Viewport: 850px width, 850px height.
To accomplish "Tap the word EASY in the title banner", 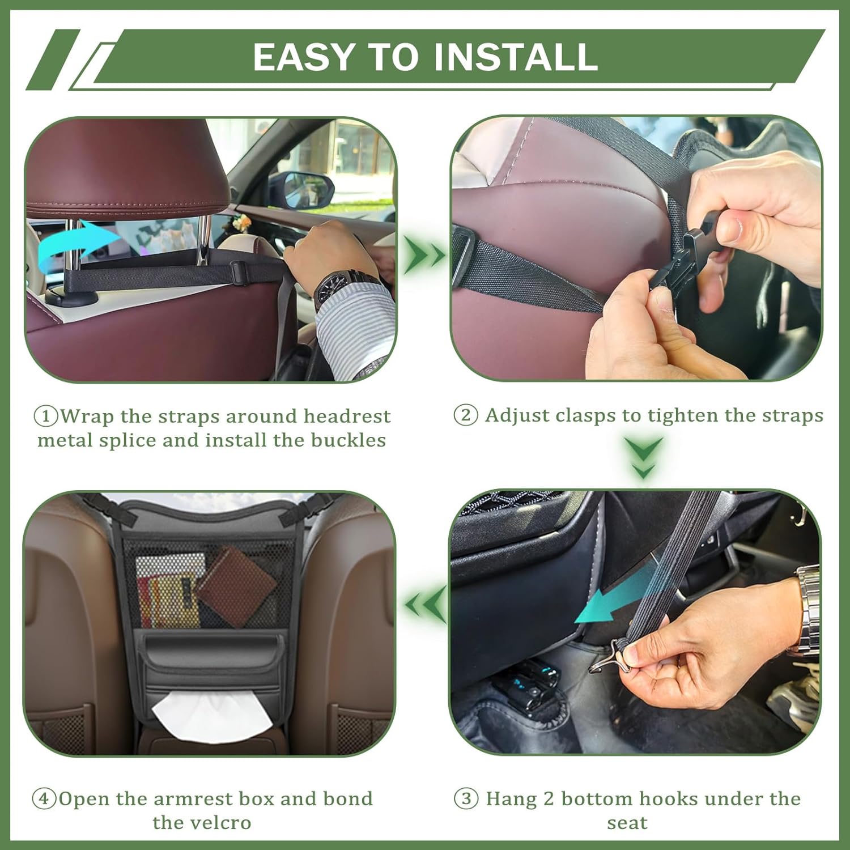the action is click(303, 57).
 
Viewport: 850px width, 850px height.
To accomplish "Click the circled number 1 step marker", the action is click(46, 416).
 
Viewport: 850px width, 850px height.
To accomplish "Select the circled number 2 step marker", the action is click(466, 415).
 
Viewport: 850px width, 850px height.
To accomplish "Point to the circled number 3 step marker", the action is click(466, 799).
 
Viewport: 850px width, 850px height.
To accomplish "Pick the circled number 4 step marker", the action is click(44, 799).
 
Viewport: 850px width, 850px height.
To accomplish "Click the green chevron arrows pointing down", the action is click(644, 457).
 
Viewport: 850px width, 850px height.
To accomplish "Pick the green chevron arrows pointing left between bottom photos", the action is click(425, 604).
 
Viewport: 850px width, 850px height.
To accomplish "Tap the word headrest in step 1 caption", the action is click(347, 416).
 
